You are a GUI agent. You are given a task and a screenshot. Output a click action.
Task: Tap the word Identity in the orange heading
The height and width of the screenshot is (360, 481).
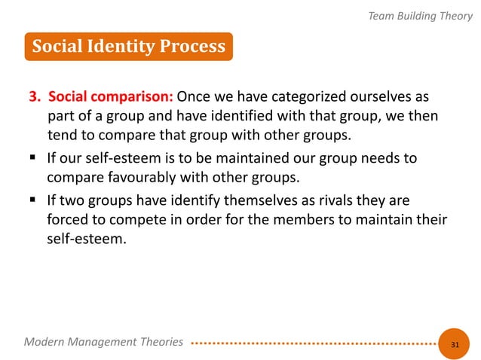[x=126, y=47]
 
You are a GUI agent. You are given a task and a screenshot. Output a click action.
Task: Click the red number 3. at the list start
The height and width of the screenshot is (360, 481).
[x=35, y=98]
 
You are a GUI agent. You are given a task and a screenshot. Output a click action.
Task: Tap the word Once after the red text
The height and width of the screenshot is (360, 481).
[x=194, y=98]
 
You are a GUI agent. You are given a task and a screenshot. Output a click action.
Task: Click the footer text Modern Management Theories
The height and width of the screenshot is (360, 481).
[x=103, y=342]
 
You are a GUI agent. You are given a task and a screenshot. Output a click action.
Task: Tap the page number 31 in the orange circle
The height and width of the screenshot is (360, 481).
[x=455, y=343]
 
